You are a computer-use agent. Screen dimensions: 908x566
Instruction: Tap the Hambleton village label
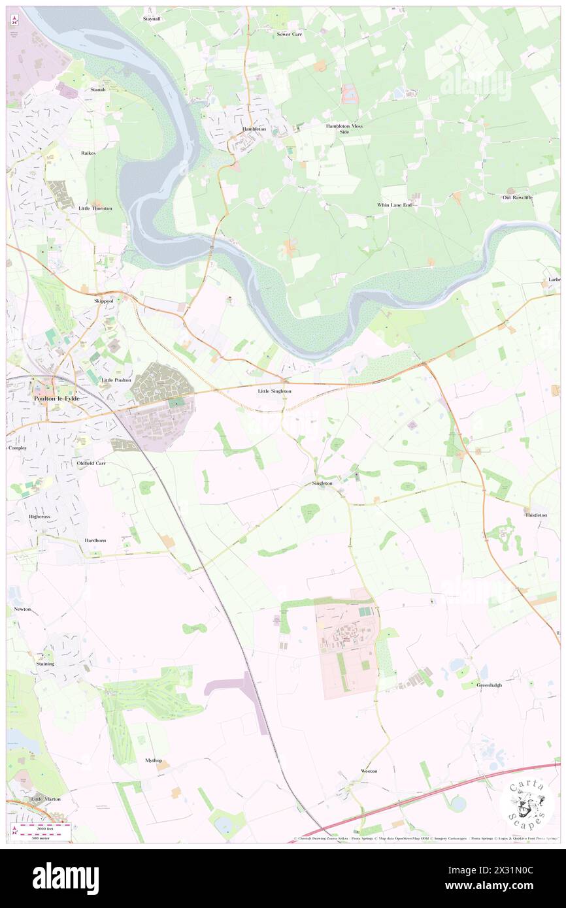254,129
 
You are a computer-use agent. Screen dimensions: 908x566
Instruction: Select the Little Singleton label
275,391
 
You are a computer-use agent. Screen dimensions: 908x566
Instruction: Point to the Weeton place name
369,771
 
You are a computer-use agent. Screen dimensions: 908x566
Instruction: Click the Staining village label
45,664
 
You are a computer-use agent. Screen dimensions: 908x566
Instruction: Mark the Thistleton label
535,515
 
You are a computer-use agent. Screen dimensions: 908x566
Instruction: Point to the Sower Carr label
290,33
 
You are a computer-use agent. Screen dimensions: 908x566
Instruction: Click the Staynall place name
152,19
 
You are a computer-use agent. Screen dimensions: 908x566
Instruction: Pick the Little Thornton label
95,208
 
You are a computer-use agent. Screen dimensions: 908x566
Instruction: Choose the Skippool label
103,301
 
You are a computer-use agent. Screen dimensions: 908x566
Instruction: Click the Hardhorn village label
95,541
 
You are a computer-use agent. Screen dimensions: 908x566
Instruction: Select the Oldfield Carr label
91,462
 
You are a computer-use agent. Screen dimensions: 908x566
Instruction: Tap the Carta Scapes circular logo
527,803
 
